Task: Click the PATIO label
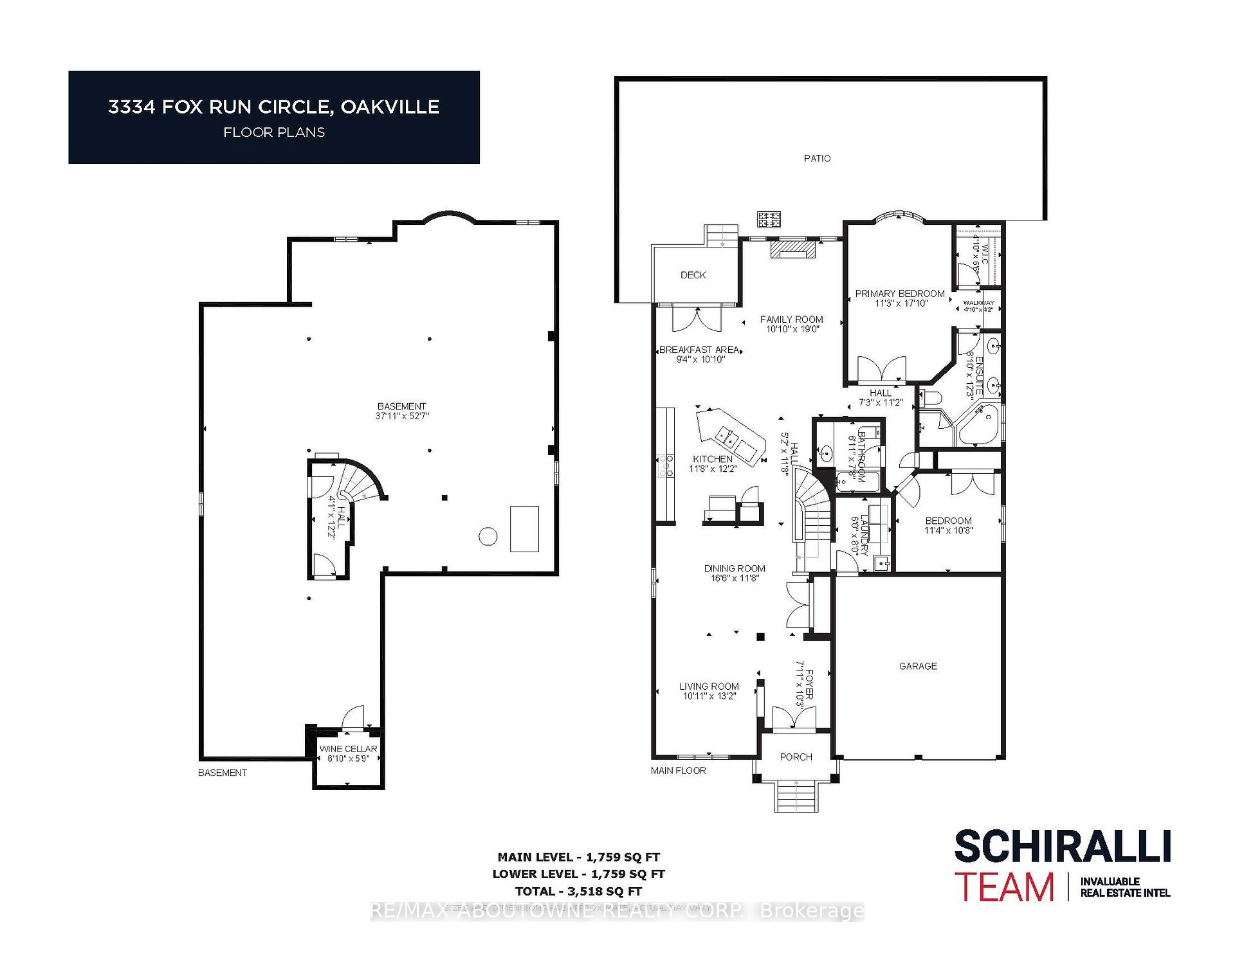[817, 158]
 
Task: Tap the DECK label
[693, 275]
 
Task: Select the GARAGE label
[918, 666]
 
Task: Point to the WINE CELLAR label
[348, 749]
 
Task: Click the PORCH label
[796, 757]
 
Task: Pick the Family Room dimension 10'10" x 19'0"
[792, 329]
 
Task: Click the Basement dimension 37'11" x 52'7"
[402, 416]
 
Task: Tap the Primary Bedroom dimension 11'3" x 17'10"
[901, 303]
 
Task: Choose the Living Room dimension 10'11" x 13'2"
[709, 696]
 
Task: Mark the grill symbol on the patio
[769, 219]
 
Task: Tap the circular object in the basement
[488, 536]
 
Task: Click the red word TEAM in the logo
[1004, 888]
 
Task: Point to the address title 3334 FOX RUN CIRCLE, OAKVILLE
[274, 107]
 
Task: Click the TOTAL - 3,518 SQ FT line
[578, 892]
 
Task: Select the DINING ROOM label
[735, 568]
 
